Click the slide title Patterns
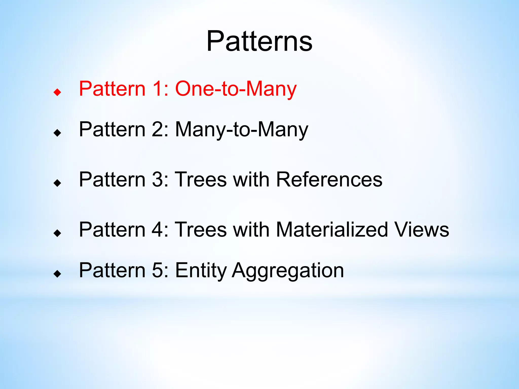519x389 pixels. (x=259, y=41)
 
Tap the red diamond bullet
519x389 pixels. (x=58, y=92)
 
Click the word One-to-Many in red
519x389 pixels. (x=236, y=89)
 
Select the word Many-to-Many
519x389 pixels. (x=242, y=129)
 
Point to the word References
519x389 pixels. (x=329, y=179)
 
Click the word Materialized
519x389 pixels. (x=332, y=229)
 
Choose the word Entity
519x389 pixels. (x=201, y=270)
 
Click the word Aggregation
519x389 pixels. (x=288, y=270)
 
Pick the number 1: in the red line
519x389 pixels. (x=160, y=89)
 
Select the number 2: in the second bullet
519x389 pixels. (x=160, y=129)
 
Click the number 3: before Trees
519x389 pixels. (x=160, y=179)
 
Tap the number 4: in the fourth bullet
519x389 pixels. (x=160, y=229)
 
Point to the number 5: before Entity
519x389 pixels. (x=160, y=270)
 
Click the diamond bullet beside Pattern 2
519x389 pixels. (x=58, y=133)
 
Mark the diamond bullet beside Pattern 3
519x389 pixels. (x=58, y=183)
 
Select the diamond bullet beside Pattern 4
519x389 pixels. (x=58, y=233)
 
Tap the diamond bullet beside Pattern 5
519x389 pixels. (x=58, y=274)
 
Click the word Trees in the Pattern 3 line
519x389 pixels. (x=201, y=179)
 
